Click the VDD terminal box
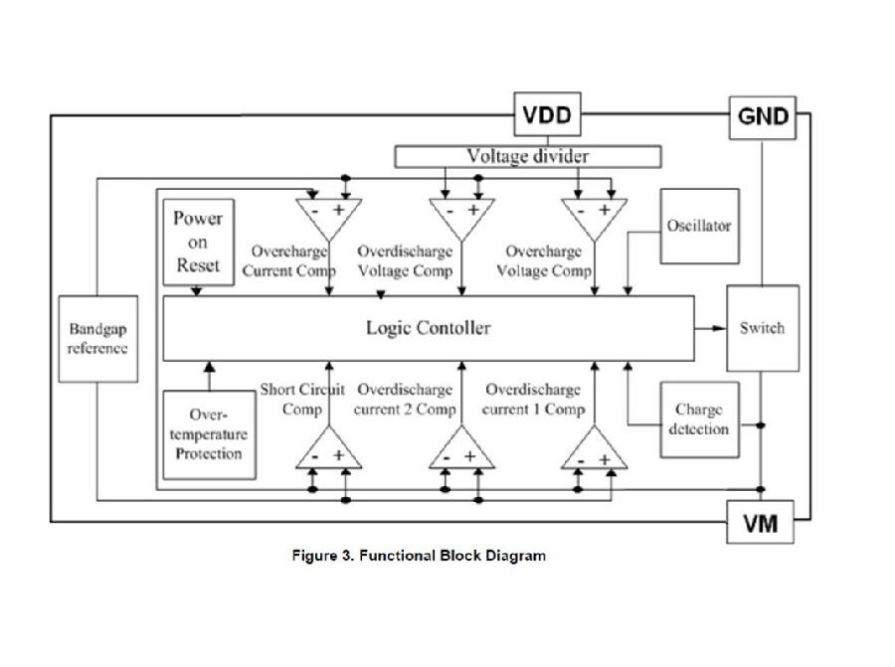click(547, 115)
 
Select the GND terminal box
click(763, 116)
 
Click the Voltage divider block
click(528, 156)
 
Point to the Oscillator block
click(699, 226)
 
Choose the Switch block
click(763, 328)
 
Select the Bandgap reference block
click(97, 338)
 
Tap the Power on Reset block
click(198, 242)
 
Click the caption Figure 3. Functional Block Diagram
click(418, 556)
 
